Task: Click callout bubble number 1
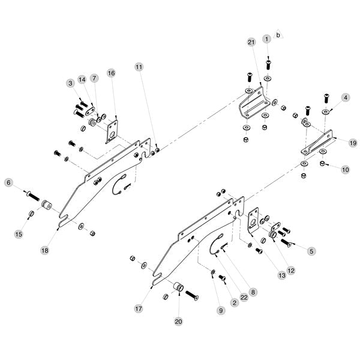pos(267,39)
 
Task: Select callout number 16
pos(110,73)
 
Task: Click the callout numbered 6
pos(8,182)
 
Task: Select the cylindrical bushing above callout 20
pos(178,288)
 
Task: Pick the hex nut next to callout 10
pos(323,164)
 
